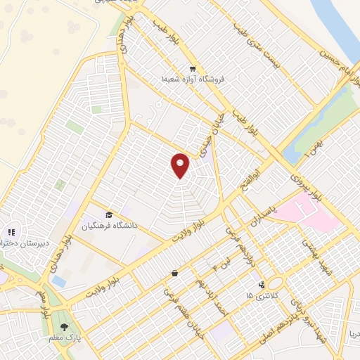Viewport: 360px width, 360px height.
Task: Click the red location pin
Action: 181,165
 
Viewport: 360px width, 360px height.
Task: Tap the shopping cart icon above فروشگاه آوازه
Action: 192,69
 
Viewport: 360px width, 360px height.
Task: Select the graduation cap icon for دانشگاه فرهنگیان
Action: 109,214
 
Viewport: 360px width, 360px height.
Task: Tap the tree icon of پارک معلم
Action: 65,326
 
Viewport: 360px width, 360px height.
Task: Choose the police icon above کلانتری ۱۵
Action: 262,285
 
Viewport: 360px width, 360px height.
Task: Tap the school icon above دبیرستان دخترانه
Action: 11,231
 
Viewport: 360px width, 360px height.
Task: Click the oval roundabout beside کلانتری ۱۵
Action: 275,283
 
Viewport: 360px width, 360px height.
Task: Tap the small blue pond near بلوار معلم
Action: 59,281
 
